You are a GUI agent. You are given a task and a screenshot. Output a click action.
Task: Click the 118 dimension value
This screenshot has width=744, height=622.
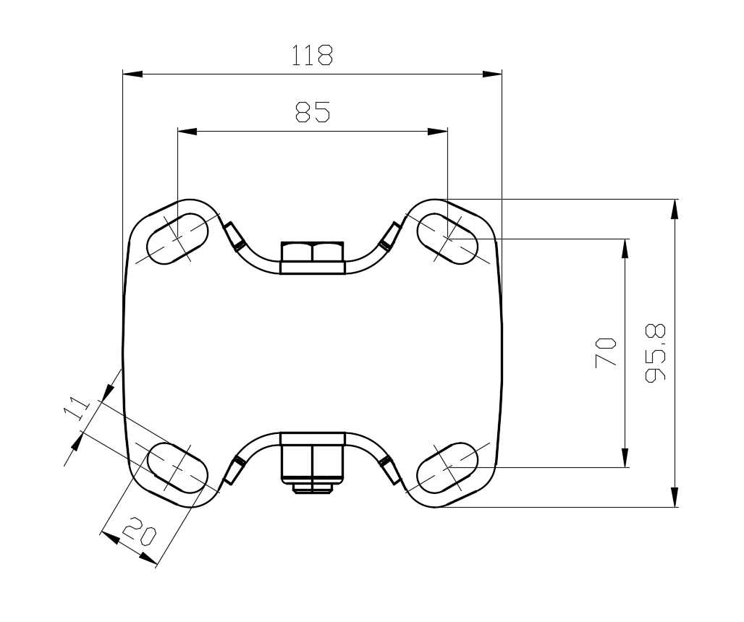pos(312,55)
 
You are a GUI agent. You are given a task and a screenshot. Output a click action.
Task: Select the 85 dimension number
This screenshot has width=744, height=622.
pos(312,112)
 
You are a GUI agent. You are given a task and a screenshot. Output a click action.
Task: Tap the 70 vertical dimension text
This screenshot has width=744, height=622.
pos(606,352)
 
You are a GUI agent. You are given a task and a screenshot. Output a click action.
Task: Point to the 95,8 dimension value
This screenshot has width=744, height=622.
pos(655,353)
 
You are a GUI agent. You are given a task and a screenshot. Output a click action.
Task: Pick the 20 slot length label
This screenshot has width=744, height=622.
pos(138,531)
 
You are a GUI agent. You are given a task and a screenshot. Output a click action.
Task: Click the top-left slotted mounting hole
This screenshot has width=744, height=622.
pos(177,238)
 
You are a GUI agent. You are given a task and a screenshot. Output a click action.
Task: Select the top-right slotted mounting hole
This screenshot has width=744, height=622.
pos(447,239)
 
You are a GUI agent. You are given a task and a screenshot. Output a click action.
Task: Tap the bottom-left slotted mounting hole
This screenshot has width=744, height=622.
pos(177,468)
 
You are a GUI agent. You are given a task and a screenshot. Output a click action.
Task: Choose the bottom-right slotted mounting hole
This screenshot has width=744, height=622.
pos(447,468)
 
